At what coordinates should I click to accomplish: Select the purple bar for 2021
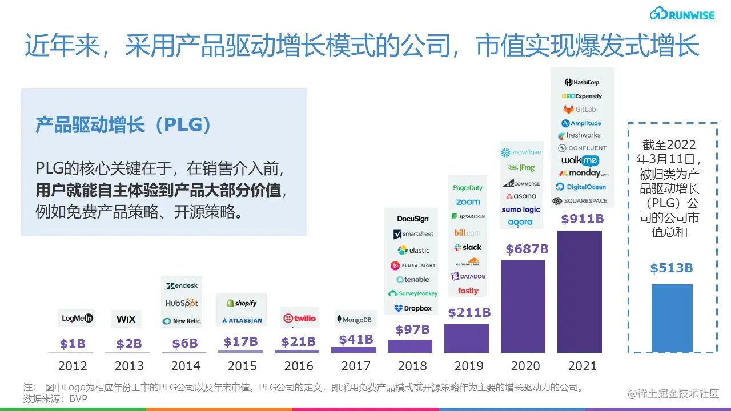tap(579, 291)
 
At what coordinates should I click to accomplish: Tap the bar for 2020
tap(523, 306)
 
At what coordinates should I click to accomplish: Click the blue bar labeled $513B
tap(672, 318)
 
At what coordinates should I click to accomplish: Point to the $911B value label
tap(582, 219)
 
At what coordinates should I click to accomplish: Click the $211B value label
tap(469, 312)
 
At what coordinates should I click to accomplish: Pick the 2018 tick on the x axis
tap(412, 366)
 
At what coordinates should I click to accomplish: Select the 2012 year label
tap(73, 366)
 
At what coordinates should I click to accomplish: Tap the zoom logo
tap(468, 202)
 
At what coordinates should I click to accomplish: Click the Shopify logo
tap(242, 303)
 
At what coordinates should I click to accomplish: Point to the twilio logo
tap(299, 318)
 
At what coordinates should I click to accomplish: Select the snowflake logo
tap(520, 152)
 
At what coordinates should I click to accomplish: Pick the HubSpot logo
tap(182, 303)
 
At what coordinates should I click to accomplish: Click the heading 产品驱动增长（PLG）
tap(123, 125)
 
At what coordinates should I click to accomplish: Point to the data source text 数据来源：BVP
tap(55, 398)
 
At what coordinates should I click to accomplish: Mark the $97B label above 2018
tap(412, 329)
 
